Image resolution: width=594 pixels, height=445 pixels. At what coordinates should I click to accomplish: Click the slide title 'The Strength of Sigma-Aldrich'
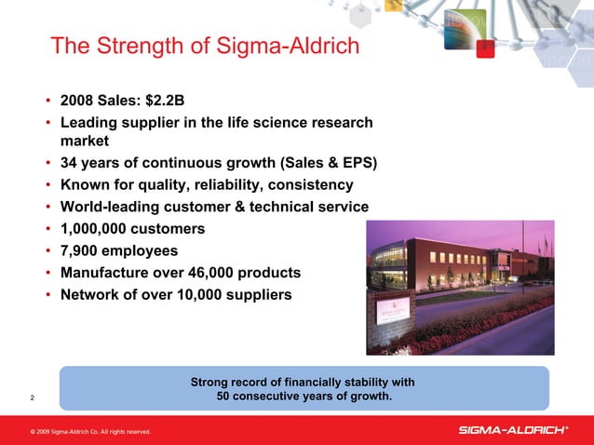point(204,46)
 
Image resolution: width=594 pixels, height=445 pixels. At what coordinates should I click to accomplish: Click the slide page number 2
point(33,399)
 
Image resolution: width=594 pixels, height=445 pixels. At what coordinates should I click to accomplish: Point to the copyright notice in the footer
point(89,432)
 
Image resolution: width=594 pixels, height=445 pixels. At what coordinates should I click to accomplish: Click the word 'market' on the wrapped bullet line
point(85,142)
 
